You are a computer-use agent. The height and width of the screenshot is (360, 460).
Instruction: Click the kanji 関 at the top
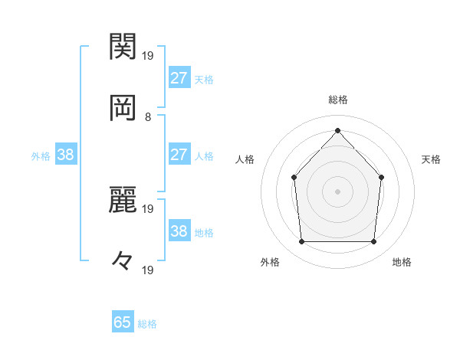click(123, 47)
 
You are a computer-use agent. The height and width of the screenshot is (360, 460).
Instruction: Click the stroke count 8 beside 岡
click(148, 117)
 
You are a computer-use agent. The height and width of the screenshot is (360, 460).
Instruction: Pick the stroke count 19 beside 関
click(148, 55)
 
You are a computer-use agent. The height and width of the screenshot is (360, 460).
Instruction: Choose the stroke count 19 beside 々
click(148, 270)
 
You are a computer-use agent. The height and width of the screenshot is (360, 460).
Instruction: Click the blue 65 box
click(123, 322)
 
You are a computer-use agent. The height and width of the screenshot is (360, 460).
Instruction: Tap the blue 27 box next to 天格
click(179, 78)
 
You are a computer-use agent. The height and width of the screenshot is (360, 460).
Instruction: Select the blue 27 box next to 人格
click(179, 155)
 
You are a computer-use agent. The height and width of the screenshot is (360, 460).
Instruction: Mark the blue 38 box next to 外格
click(66, 155)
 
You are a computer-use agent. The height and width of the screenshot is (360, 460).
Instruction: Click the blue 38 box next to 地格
click(179, 231)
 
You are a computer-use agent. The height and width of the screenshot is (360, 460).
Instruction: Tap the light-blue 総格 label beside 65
click(147, 324)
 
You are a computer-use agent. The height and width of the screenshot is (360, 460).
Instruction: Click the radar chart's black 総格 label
click(337, 100)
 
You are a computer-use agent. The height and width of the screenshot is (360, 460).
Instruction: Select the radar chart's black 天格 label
click(432, 159)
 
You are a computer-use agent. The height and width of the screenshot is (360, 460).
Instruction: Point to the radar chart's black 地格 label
click(402, 262)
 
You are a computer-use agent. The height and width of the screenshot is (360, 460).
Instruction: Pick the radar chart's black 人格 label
click(245, 159)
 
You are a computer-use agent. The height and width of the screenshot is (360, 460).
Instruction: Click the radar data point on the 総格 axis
click(337, 130)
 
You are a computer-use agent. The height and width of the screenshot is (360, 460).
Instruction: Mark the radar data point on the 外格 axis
click(301, 242)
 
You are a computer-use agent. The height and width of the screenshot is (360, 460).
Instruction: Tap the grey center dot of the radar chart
click(337, 191)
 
